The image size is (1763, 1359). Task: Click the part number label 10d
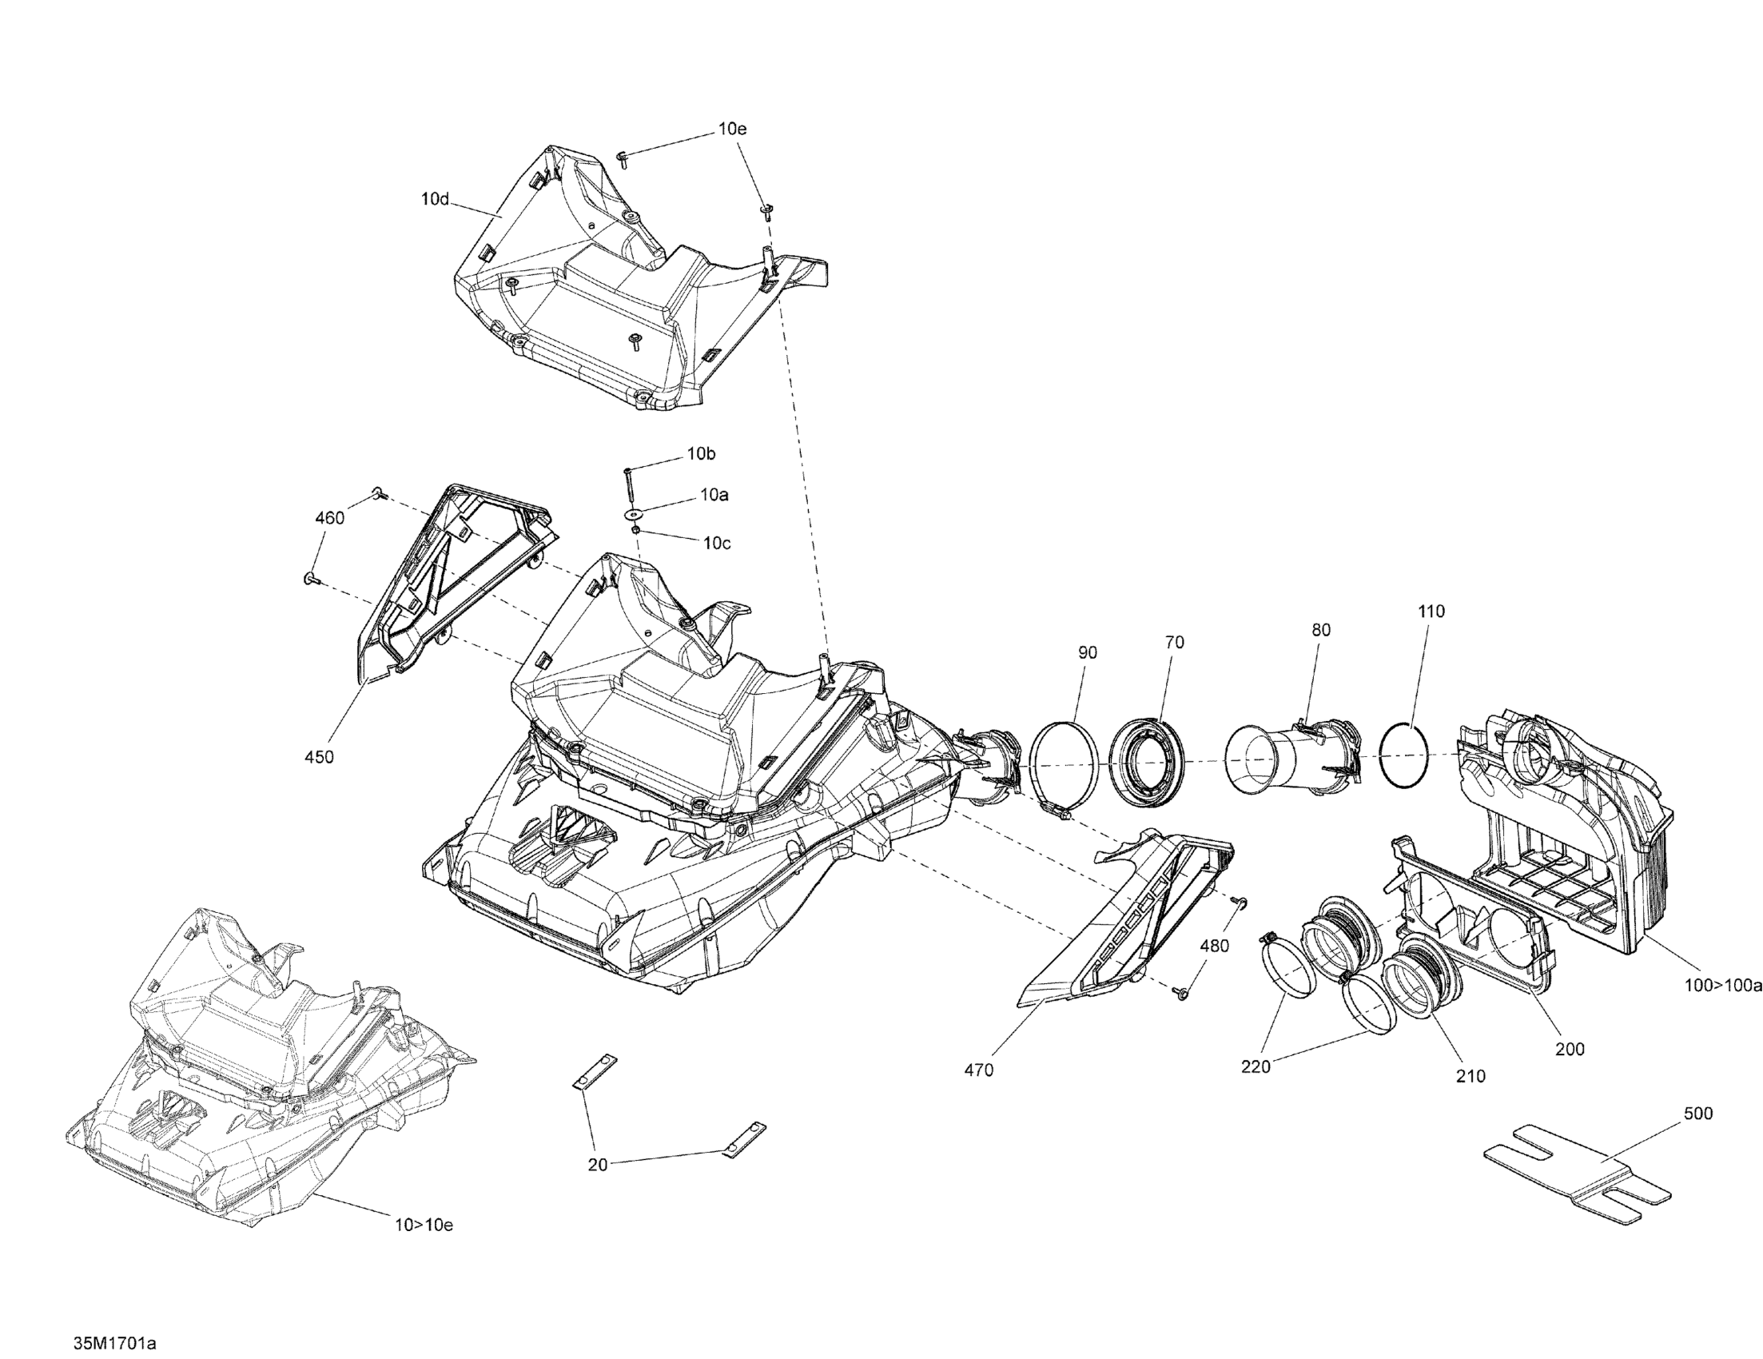pos(435,198)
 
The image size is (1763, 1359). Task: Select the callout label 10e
pos(732,130)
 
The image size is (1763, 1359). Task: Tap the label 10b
pos(701,455)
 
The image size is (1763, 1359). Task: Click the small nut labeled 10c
pos(636,530)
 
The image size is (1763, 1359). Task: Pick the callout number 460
pos(329,518)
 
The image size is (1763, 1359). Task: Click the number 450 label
pos(319,757)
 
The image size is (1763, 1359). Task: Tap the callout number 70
pos(1175,643)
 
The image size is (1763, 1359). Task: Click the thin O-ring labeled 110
pos(1404,754)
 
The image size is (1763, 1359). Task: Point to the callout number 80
pos(1320,631)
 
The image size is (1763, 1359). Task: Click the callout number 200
pos(1570,1050)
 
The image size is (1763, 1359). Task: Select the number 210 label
pos(1470,1076)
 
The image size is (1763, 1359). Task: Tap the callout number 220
pos(1256,1066)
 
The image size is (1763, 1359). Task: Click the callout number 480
pos(1214,947)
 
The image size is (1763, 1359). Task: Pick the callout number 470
pos(978,1070)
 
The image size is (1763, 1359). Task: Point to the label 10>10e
pos(424,1225)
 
